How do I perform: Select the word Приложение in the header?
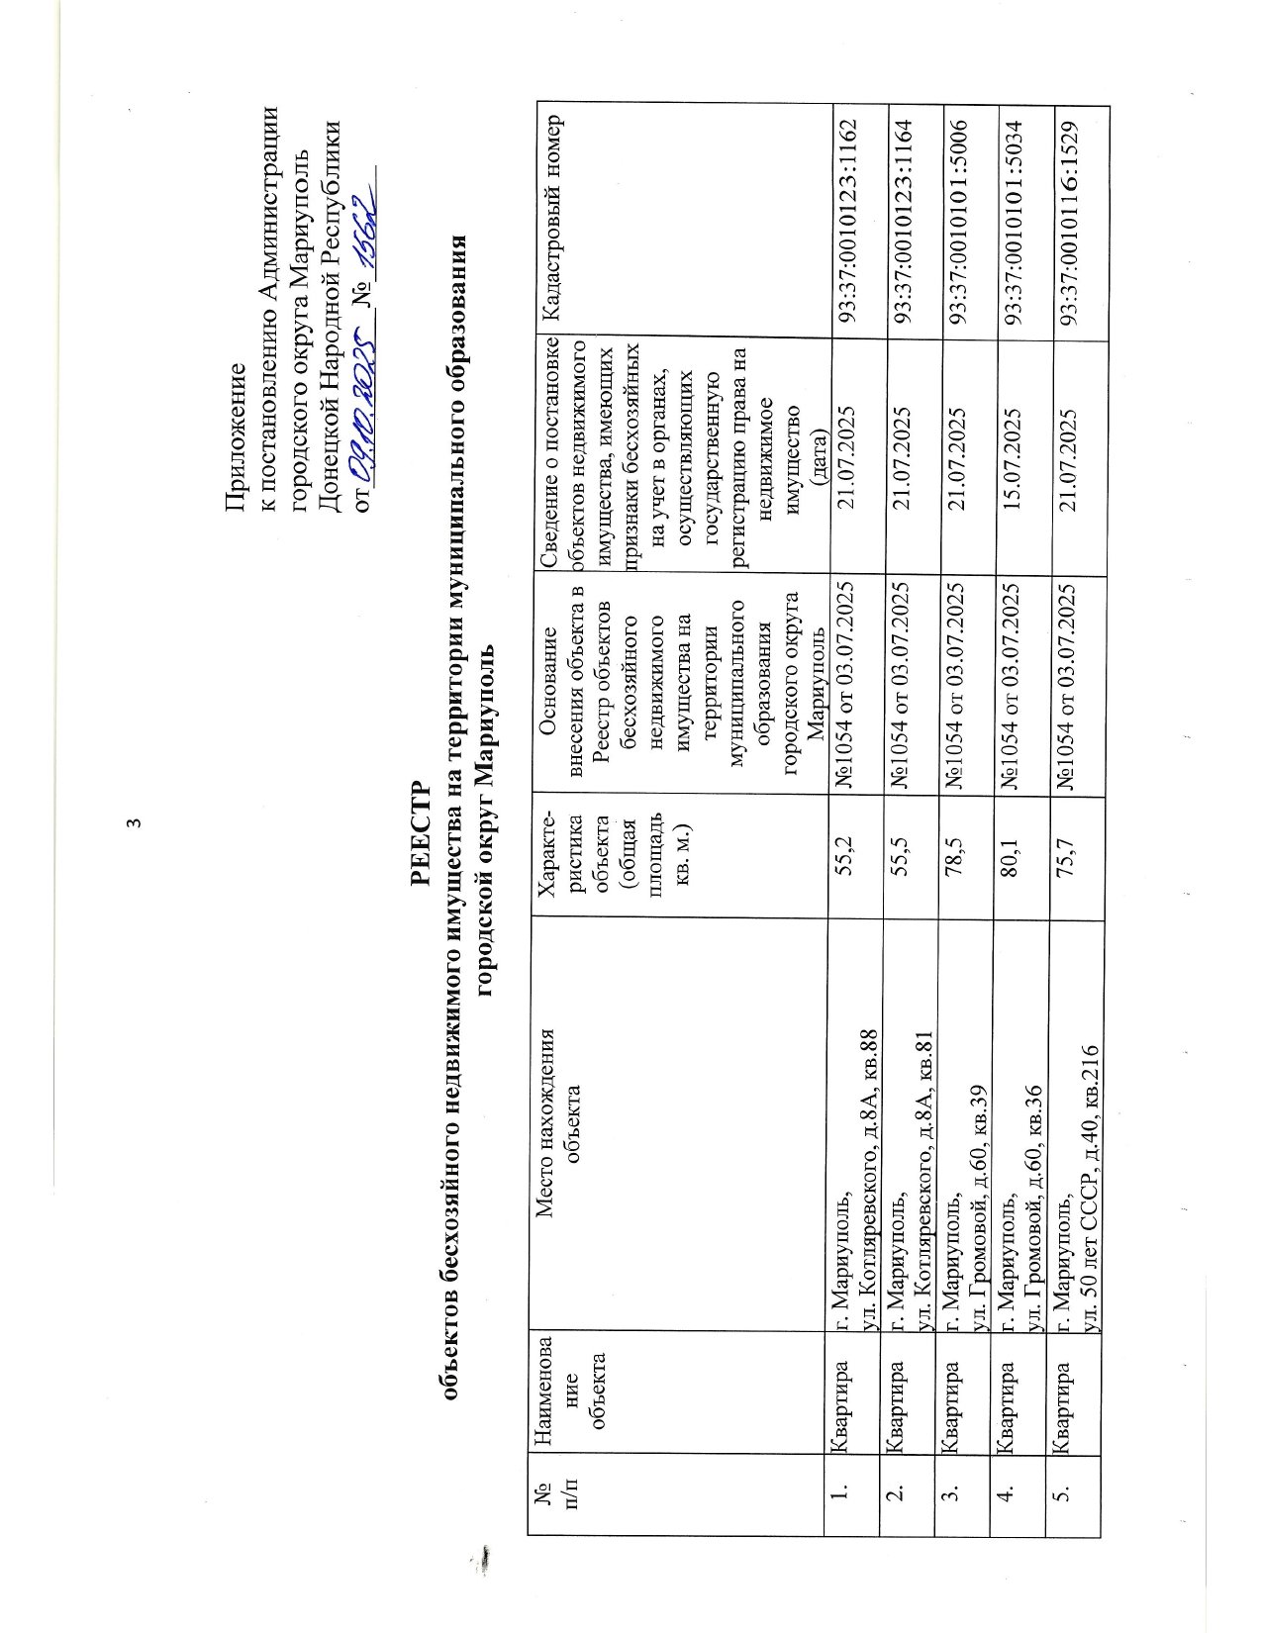[235, 435]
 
